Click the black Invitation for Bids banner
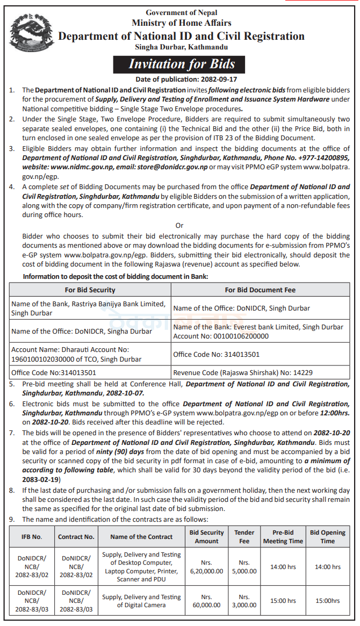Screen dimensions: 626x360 (x=182, y=64)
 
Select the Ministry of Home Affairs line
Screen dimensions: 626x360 (x=182, y=23)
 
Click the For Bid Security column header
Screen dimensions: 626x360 (x=90, y=290)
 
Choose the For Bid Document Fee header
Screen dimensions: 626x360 (x=260, y=290)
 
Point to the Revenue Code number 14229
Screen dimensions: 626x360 (x=301, y=372)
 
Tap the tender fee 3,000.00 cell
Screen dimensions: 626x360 (x=244, y=601)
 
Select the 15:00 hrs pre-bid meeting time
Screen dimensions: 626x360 (x=283, y=601)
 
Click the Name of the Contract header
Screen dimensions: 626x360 (x=141, y=536)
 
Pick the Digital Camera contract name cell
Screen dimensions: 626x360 (x=141, y=601)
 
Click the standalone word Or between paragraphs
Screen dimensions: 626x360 (x=179, y=226)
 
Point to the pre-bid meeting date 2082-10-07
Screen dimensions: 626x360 (x=128, y=393)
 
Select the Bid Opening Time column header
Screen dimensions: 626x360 (x=327, y=536)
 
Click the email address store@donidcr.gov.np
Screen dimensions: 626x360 (x=174, y=167)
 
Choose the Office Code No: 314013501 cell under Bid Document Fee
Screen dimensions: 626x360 (x=217, y=355)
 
